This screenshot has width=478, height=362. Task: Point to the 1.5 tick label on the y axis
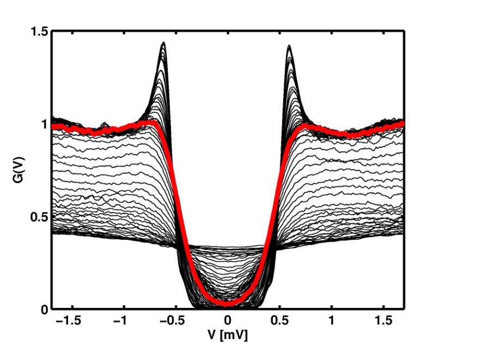39,32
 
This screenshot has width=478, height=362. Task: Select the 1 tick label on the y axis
44,124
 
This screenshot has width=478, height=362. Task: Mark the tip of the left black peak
163,43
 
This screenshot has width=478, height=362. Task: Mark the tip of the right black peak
289,46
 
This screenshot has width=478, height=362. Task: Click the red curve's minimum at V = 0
228,303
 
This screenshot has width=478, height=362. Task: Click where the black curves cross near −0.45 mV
180,247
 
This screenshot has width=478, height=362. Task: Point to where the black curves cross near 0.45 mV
275,248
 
